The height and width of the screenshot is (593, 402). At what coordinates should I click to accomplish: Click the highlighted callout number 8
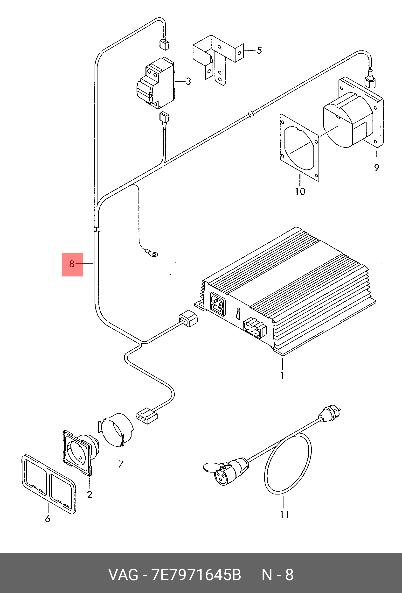72,264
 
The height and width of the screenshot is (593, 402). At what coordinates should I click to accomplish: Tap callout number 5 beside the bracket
259,50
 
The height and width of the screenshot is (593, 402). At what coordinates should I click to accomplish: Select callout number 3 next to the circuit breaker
188,81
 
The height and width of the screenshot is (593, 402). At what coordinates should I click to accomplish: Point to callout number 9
377,168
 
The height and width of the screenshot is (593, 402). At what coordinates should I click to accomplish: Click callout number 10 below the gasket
300,191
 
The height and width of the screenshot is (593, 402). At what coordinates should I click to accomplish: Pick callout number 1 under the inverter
282,376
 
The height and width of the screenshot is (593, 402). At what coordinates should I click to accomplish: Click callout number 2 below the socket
90,494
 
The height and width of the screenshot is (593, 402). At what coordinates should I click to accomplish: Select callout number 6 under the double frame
48,519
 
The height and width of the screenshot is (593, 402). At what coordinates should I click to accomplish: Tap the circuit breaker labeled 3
156,83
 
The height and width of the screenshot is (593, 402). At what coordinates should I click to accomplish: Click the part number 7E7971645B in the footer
196,575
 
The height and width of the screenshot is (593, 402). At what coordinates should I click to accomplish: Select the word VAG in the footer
123,575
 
